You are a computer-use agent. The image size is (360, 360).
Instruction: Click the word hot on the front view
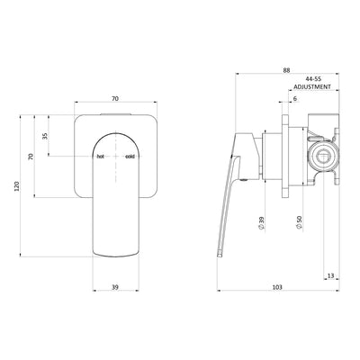101,156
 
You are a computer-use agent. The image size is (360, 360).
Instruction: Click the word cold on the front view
130,156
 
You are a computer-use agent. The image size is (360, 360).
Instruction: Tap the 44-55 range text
312,79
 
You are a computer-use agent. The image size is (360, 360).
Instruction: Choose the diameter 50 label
297,221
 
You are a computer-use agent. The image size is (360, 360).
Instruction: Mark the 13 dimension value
330,276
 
